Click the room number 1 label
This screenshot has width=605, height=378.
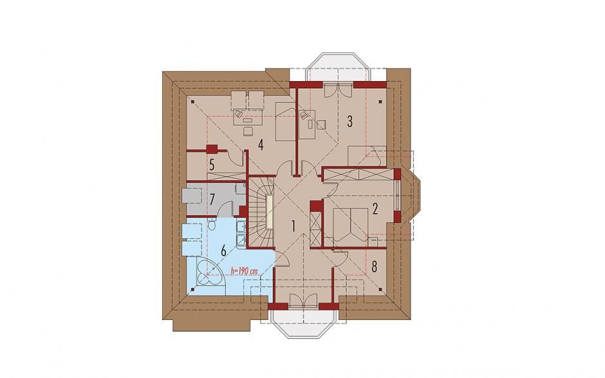(293, 226)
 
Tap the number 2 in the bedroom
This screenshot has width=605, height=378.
(375, 209)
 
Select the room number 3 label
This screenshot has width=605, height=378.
(349, 121)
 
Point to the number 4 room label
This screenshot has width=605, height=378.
(261, 146)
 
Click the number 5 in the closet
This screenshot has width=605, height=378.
(212, 165)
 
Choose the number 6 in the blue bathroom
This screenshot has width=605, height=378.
(223, 251)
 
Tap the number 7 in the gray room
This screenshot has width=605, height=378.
(212, 199)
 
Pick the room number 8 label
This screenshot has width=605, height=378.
(374, 267)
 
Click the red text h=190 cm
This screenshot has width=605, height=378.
(243, 271)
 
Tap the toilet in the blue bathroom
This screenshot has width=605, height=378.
(212, 224)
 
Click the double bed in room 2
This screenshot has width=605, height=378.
(350, 225)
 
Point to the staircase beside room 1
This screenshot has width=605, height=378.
(261, 212)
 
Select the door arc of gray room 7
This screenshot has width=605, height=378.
(225, 209)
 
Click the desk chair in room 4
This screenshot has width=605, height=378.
(246, 131)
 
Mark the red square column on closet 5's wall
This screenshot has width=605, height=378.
(212, 149)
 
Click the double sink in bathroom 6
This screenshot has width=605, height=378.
(240, 233)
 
